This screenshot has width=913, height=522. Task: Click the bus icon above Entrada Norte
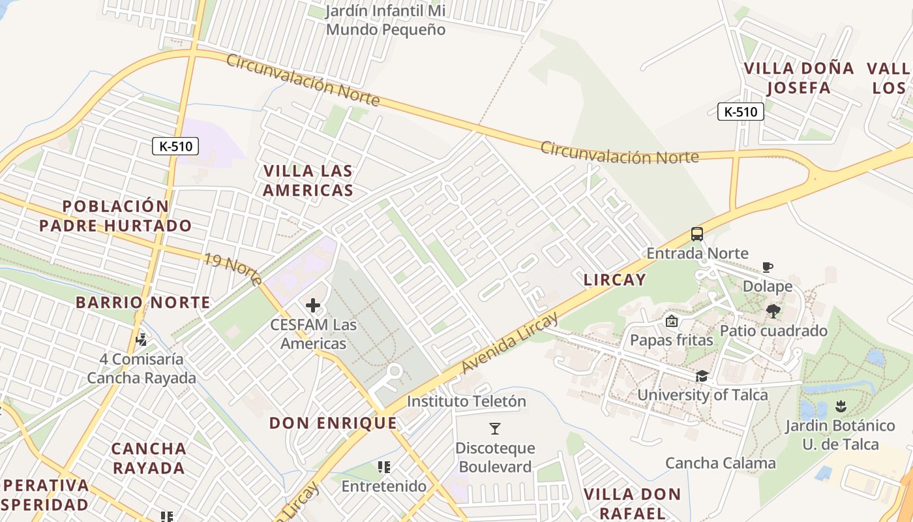(697, 234)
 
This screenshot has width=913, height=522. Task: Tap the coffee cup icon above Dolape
(768, 267)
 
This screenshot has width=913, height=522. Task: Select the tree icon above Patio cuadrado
(774, 311)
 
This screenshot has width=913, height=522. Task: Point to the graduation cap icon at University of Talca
(702, 376)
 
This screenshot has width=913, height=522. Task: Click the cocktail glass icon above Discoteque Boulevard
(495, 429)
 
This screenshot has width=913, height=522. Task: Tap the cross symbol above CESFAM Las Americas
(313, 305)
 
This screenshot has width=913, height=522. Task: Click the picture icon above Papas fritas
(671, 321)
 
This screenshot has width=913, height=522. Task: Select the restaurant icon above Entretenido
(384, 467)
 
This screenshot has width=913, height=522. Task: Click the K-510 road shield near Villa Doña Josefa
(741, 112)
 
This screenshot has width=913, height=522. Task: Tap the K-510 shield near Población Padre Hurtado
(175, 146)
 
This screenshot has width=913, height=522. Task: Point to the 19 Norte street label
(233, 269)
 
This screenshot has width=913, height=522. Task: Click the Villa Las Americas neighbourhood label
(308, 181)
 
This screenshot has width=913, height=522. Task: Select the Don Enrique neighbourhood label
(333, 423)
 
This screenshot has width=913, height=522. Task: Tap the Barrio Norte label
(143, 302)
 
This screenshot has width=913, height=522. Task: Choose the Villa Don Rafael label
(632, 503)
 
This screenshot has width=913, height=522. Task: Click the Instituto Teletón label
(466, 401)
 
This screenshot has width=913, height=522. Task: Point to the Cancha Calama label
(721, 463)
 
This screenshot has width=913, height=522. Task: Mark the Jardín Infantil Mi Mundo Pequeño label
(385, 20)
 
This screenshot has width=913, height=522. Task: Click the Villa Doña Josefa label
(799, 78)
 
